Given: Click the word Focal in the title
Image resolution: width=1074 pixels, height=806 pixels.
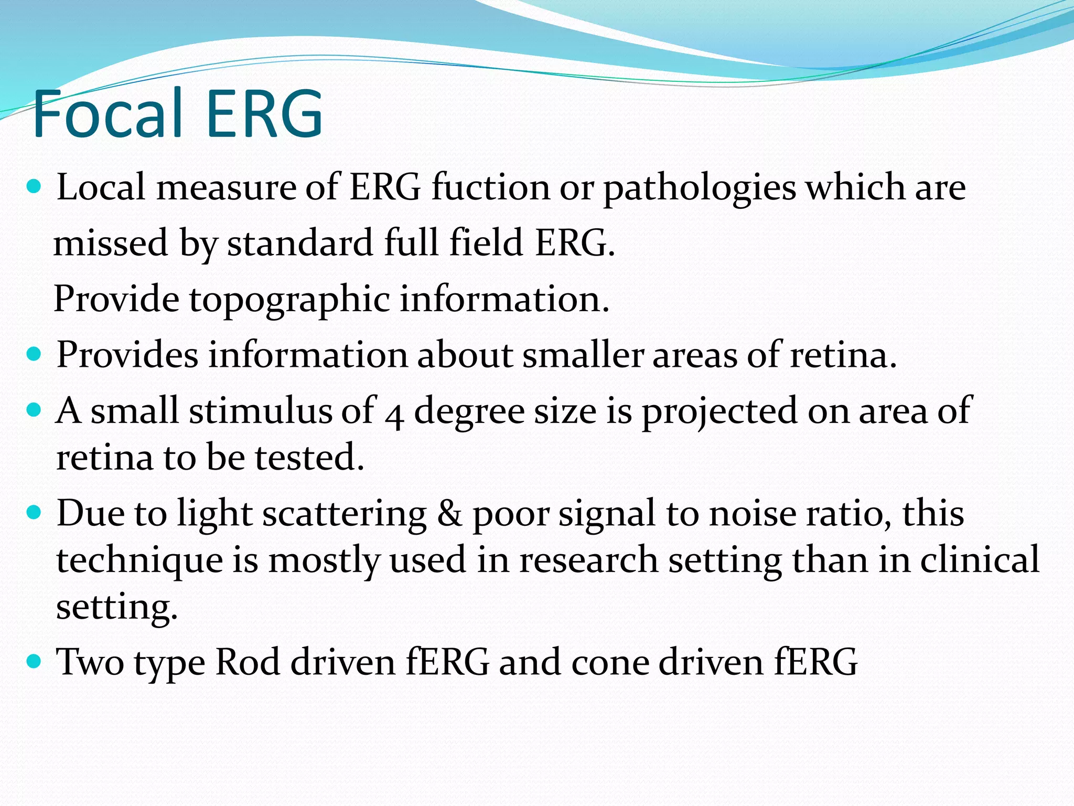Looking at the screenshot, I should pyautogui.click(x=108, y=113).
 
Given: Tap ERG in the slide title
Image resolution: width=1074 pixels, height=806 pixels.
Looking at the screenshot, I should pyautogui.click(x=264, y=113).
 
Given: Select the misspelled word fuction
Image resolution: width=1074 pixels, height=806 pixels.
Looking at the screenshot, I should pyautogui.click(x=490, y=187).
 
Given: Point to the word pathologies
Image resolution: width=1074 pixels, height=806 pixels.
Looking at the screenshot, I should pyautogui.click(x=699, y=188).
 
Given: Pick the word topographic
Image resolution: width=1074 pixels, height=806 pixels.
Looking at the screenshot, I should pyautogui.click(x=289, y=300).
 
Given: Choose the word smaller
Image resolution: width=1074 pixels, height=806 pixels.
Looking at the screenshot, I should pyautogui.click(x=582, y=355).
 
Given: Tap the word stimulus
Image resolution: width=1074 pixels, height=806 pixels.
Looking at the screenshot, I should pyautogui.click(x=260, y=410).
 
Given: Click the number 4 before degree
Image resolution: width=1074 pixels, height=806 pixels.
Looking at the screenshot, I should pyautogui.click(x=394, y=415).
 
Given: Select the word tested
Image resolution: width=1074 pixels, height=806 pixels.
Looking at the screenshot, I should pyautogui.click(x=309, y=457).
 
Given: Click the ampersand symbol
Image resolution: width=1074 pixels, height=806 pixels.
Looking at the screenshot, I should pyautogui.click(x=449, y=513).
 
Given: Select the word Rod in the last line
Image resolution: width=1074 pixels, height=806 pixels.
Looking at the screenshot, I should pyautogui.click(x=248, y=661).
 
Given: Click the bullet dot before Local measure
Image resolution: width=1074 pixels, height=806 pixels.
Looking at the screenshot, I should pyautogui.click(x=34, y=186).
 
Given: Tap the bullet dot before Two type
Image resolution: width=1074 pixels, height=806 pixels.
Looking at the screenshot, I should pyautogui.click(x=34, y=660).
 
